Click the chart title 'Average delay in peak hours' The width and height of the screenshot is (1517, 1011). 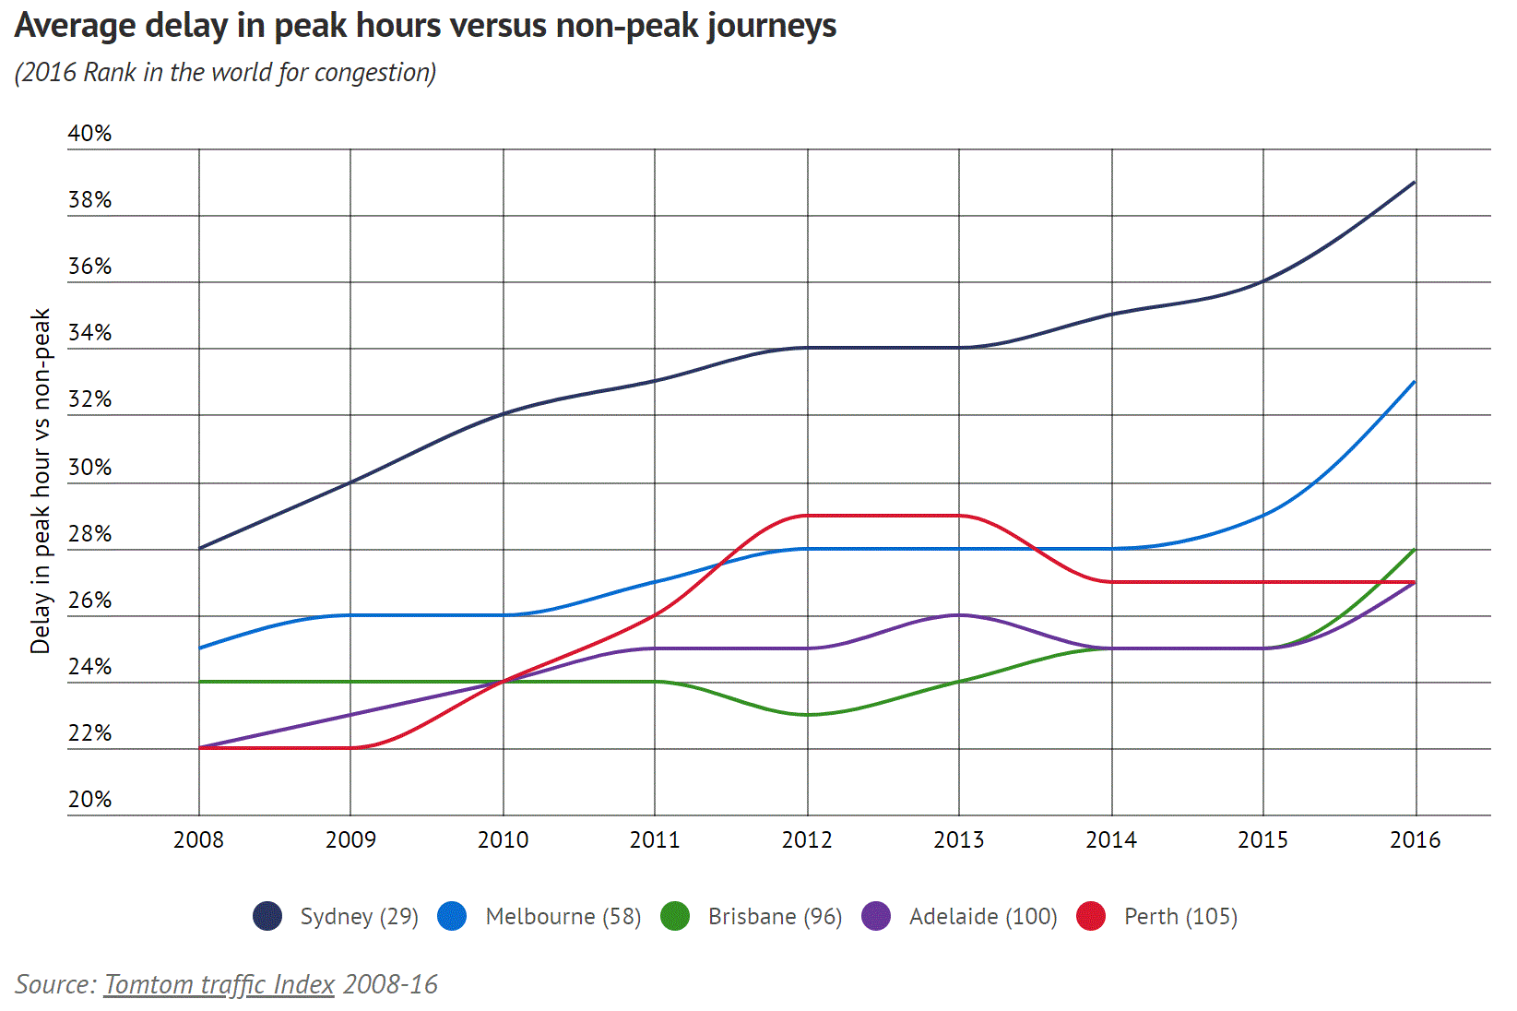[x=425, y=26]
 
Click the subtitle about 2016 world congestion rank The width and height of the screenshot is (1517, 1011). [x=225, y=72]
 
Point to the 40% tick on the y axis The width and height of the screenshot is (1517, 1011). [x=89, y=134]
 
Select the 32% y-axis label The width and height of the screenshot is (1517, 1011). [x=89, y=399]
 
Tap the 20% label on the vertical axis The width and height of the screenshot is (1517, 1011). [x=89, y=800]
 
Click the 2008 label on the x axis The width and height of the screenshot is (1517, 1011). [x=198, y=839]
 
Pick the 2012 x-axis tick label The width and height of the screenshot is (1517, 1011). [x=807, y=839]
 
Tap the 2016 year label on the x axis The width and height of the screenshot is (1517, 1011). [x=1415, y=839]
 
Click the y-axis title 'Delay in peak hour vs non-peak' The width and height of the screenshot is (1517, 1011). [x=41, y=482]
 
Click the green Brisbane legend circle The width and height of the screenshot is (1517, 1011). [x=676, y=916]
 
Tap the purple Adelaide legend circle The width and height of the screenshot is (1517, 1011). [x=876, y=916]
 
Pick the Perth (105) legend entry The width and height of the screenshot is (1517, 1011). [x=1180, y=916]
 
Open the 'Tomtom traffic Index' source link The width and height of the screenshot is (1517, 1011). [x=219, y=984]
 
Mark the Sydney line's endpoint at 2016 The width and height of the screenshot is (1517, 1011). [x=1415, y=183]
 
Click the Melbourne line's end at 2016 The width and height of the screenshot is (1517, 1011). [x=1415, y=382]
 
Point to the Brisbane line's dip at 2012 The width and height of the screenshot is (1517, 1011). [x=807, y=715]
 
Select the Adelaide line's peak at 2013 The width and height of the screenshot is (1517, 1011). [x=959, y=615]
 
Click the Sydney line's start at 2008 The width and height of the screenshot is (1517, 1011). [x=199, y=548]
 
